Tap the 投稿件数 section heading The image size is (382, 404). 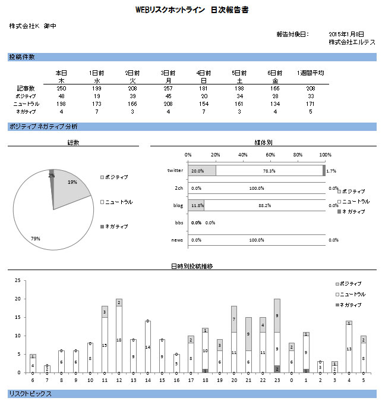22,57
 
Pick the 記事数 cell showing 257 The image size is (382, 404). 168,88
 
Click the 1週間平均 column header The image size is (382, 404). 311,73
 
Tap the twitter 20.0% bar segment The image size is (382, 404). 202,171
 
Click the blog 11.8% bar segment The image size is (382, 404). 196,205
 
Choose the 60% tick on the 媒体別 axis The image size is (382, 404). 270,154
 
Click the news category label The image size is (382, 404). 177,240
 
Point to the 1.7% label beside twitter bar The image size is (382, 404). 331,171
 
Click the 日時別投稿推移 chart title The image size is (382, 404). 191,267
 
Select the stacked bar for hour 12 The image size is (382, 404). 119,336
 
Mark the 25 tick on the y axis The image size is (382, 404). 18,280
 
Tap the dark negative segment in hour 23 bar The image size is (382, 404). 277,369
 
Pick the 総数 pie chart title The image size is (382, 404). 74,143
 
